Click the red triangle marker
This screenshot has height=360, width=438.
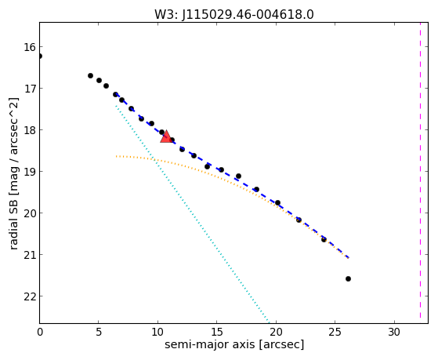(166, 136)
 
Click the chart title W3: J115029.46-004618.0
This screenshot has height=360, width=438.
(234, 14)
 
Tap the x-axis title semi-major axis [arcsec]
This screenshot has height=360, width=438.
(234, 344)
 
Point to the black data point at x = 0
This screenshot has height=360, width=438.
(40, 56)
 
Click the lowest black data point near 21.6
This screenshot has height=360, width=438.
(348, 278)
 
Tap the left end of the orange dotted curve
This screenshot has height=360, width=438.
(116, 156)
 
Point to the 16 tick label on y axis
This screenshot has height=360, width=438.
(30, 47)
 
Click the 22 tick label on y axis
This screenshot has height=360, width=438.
(30, 296)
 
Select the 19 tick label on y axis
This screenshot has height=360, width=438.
(30, 172)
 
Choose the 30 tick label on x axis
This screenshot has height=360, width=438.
(394, 332)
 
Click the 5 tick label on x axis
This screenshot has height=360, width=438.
(98, 332)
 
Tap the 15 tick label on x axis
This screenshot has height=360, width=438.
(217, 332)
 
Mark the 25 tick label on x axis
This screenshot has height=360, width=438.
(335, 332)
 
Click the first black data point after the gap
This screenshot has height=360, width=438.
(90, 75)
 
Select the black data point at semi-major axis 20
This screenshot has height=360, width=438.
(277, 203)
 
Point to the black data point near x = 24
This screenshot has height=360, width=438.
(324, 239)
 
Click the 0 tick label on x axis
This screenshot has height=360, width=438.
(40, 332)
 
